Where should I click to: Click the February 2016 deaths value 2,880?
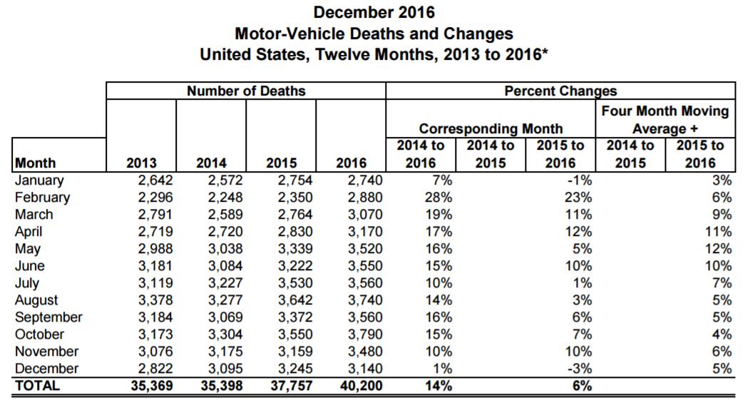coord(365,198)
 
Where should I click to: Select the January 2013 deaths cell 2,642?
coord(155,180)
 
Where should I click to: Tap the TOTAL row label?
coord(37,386)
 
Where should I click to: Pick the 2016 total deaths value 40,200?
coord(361,386)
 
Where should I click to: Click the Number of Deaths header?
coord(246,91)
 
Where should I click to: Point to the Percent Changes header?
coord(560,91)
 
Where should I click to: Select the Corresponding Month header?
coord(491,129)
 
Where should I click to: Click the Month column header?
coord(36,163)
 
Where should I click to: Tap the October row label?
coord(39,334)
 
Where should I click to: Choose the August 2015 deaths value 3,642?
coord(295,300)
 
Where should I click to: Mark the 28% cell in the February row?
coord(439,198)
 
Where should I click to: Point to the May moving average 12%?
coord(719,249)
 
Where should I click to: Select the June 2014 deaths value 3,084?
coord(225,266)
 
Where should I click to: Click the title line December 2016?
coord(374,12)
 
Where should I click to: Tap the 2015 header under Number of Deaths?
coord(282,163)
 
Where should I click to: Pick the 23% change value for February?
coord(578,198)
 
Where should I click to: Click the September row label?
coord(48,318)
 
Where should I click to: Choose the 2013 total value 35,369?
coord(152,386)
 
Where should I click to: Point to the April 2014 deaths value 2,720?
coord(225,232)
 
